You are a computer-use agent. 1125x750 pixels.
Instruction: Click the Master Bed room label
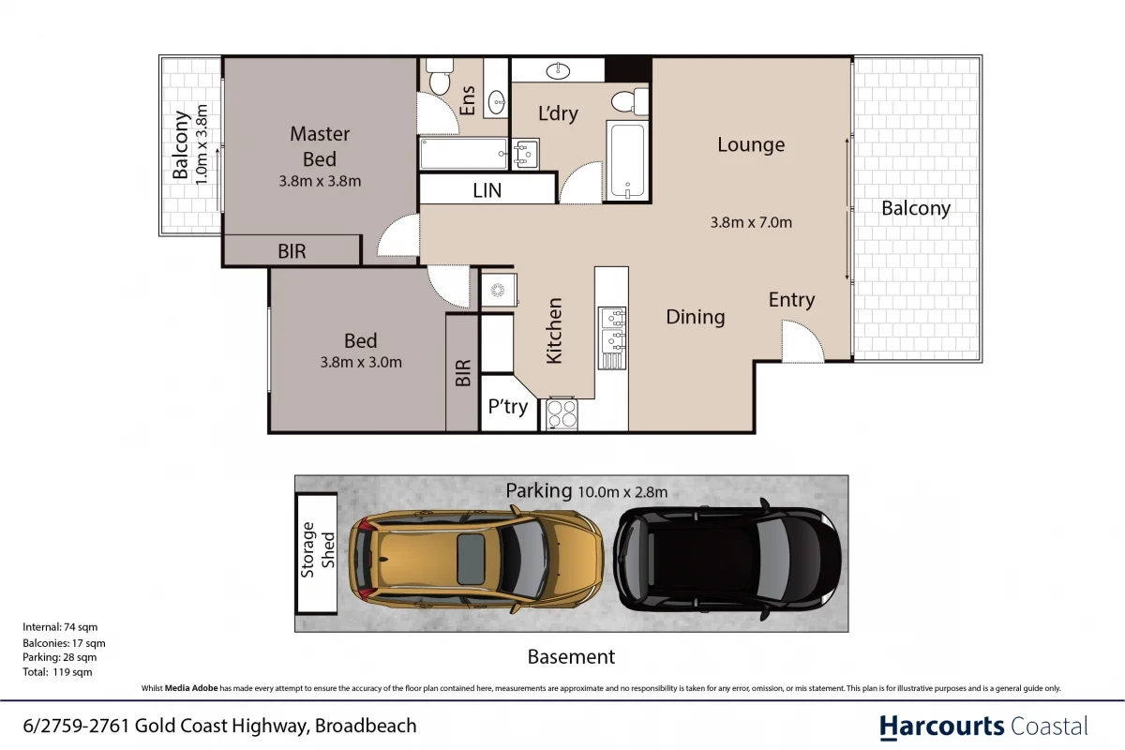[320, 147]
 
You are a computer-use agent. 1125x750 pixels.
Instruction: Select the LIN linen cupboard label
[487, 190]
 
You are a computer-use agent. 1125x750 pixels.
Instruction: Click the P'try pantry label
[508, 408]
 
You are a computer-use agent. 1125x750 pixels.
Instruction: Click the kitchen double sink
[612, 329]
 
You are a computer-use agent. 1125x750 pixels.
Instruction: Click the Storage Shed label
[318, 554]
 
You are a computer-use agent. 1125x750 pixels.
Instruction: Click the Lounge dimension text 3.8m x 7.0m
[751, 222]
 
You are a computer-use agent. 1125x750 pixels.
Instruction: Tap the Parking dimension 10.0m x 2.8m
[622, 491]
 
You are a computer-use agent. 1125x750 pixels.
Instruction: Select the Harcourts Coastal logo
[983, 726]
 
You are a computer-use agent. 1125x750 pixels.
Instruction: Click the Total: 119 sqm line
[57, 672]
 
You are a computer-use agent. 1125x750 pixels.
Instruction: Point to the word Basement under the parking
[571, 657]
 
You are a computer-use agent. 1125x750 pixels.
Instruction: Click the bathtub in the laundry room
[626, 160]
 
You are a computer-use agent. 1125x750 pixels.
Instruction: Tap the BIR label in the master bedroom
[292, 251]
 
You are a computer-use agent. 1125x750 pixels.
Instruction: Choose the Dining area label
[695, 317]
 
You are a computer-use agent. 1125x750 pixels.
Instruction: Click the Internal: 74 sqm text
[60, 626]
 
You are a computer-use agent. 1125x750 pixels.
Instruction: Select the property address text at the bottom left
[219, 726]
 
